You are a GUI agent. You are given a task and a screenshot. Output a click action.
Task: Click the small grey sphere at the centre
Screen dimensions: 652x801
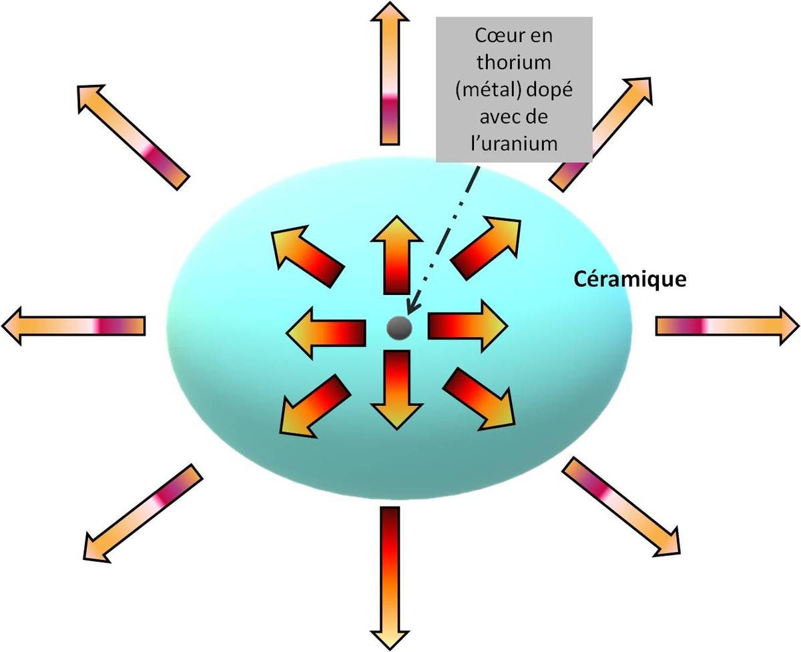[399, 328]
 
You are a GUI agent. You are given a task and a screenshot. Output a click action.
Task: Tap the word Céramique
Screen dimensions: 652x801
[630, 279]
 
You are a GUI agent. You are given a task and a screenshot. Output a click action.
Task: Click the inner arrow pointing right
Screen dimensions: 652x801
[467, 326]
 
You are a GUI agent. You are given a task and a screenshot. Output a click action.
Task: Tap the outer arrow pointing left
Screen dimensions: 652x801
[73, 326]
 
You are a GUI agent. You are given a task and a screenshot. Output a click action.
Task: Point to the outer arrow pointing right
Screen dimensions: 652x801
[728, 326]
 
